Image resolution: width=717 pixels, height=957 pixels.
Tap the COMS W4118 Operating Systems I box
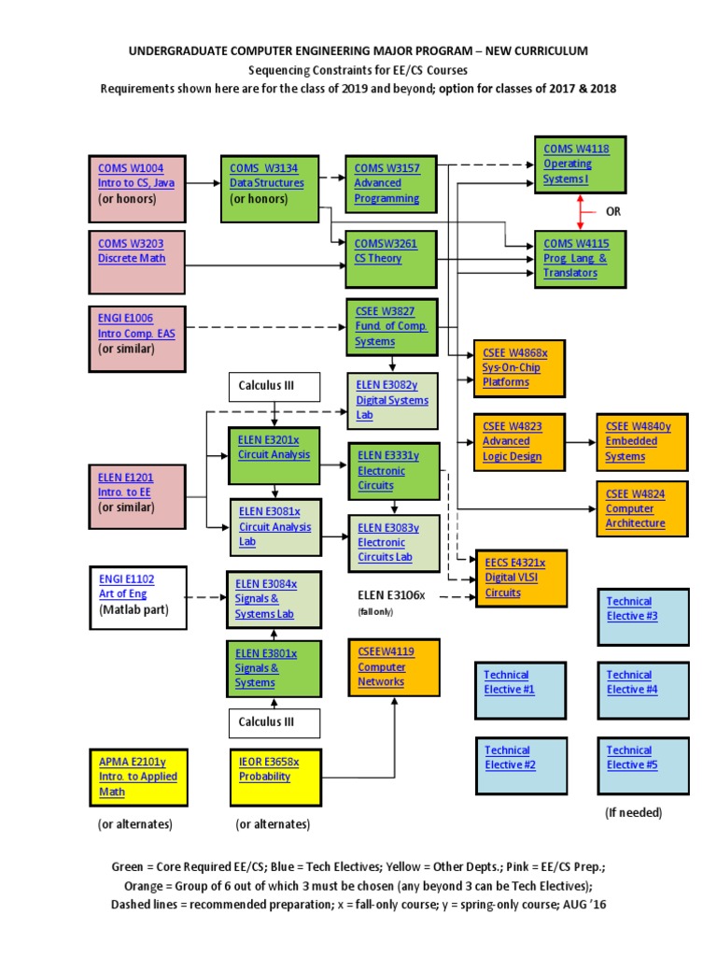pos(579,164)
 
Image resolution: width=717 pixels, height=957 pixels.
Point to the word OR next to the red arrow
pos(614,212)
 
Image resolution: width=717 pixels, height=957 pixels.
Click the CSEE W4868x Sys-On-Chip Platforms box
pos(520,366)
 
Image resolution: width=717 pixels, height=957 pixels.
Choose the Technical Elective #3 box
pos(642,616)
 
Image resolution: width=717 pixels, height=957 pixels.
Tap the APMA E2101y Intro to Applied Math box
pos(137,777)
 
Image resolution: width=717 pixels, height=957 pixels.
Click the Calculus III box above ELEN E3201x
pos(274,385)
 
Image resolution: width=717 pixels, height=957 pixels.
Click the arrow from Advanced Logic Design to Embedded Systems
pos(581,440)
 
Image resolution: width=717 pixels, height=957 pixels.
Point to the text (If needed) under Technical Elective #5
pos(633,812)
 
